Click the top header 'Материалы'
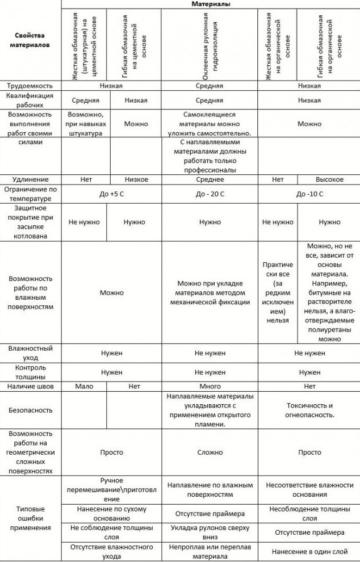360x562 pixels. click(210, 3)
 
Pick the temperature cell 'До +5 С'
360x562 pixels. click(111, 194)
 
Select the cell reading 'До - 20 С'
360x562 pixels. click(210, 194)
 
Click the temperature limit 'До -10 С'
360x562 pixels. click(309, 194)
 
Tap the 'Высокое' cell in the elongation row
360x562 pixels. click(329, 179)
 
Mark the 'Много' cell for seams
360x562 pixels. click(210, 386)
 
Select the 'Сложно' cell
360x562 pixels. click(210, 453)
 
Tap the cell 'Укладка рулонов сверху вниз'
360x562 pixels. click(210, 532)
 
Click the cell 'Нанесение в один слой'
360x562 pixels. click(309, 551)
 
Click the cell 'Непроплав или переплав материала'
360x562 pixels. click(210, 551)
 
